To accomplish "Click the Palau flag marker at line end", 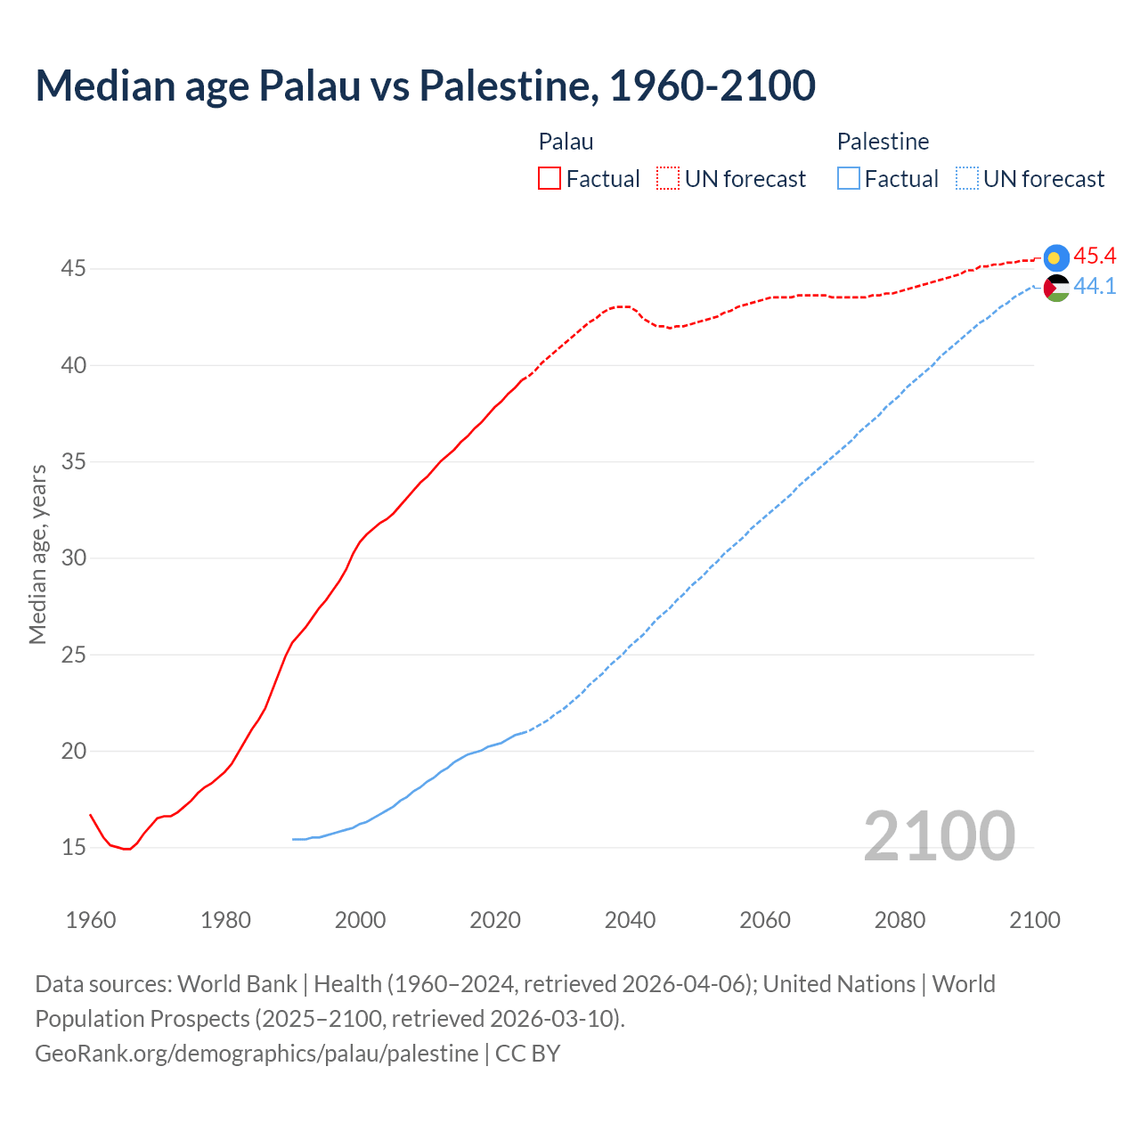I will pyautogui.click(x=1056, y=257).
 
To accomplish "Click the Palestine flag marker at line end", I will pyautogui.click(x=1056, y=288).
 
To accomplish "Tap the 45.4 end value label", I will pyautogui.click(x=1095, y=256).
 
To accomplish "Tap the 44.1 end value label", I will pyautogui.click(x=1095, y=287).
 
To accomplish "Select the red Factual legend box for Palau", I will pyautogui.click(x=550, y=178).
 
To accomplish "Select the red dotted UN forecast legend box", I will pyautogui.click(x=668, y=178).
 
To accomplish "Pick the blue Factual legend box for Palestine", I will pyautogui.click(x=849, y=178).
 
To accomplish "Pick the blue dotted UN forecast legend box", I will pyautogui.click(x=967, y=178).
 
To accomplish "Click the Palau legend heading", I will pyautogui.click(x=566, y=142).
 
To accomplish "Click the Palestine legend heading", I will pyautogui.click(x=883, y=142).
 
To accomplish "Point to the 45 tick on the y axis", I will pyautogui.click(x=73, y=268).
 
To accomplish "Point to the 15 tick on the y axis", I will pyautogui.click(x=73, y=847).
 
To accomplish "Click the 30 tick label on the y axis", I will pyautogui.click(x=73, y=558).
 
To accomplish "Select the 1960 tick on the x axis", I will pyautogui.click(x=91, y=920).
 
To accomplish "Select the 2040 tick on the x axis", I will pyautogui.click(x=630, y=920).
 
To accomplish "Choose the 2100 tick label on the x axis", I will pyautogui.click(x=1034, y=920).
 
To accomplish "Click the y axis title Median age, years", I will pyautogui.click(x=37, y=554).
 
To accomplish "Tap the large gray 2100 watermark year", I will pyautogui.click(x=939, y=835).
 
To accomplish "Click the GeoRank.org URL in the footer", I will pyautogui.click(x=256, y=1054).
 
